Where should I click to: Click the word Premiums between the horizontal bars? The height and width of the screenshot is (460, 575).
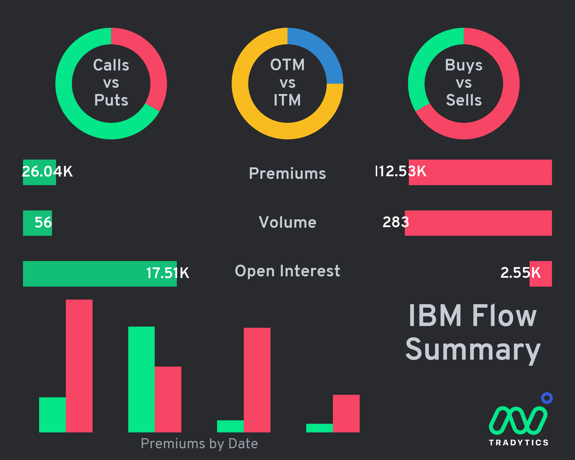(x=287, y=173)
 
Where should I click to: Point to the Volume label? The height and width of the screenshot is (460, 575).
(x=287, y=222)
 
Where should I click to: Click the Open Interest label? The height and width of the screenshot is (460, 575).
(x=287, y=271)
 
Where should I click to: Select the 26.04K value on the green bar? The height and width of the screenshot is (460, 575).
(x=47, y=171)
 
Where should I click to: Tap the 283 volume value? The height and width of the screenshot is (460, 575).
(x=396, y=222)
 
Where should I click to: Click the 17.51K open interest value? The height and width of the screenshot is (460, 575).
(x=168, y=273)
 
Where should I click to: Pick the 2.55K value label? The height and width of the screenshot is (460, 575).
(x=521, y=273)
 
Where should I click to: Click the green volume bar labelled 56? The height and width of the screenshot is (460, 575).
(x=37, y=223)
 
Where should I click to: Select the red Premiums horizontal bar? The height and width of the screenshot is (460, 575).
(x=480, y=172)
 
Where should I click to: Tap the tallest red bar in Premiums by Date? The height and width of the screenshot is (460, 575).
(x=79, y=366)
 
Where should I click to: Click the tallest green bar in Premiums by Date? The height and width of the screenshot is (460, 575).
(x=141, y=379)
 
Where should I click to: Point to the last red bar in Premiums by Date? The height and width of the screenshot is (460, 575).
(x=346, y=413)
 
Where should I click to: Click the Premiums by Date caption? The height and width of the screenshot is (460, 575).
(x=199, y=444)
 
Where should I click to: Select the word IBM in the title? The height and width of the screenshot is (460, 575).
(x=435, y=316)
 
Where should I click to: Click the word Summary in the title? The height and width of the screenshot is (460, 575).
(x=473, y=350)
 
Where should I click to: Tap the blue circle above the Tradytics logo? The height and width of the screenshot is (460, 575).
(x=547, y=398)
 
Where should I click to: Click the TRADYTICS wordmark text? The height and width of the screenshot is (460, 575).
(x=519, y=442)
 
